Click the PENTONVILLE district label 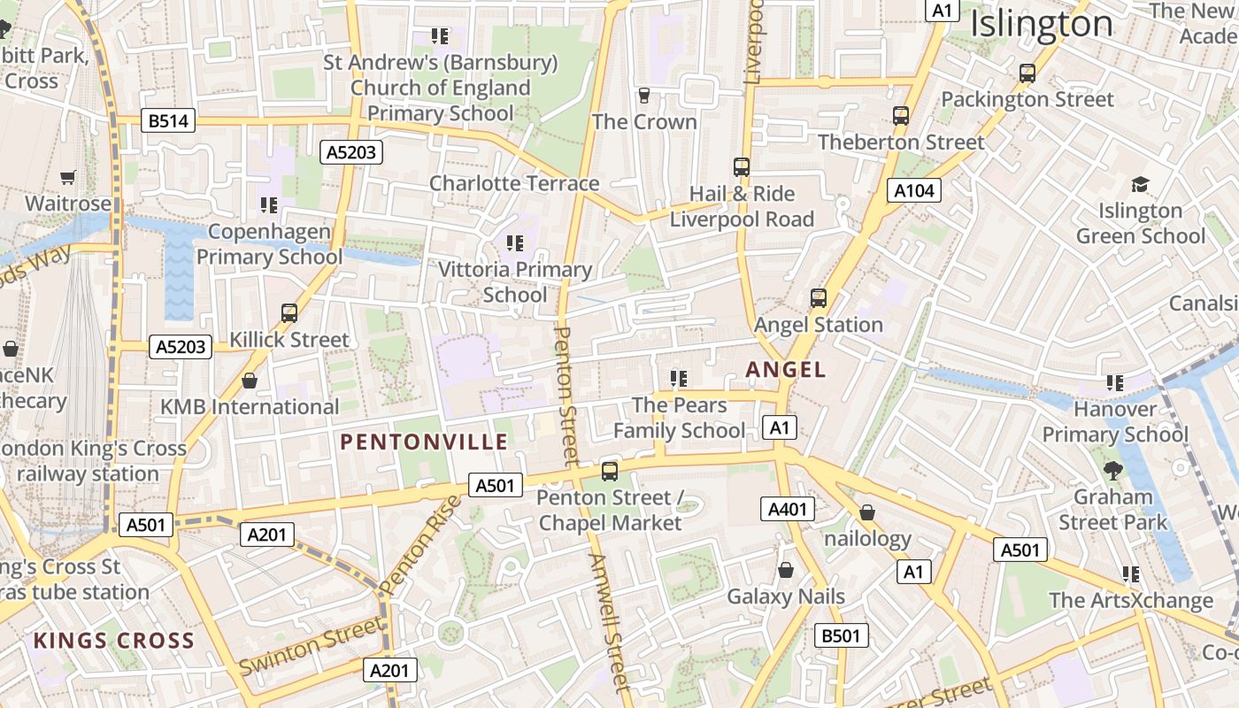pos(424,442)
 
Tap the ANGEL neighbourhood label pos(786,370)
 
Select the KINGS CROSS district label pos(113,641)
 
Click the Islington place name pos(1042,24)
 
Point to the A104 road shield pos(914,190)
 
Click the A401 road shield pos(787,509)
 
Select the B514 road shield pos(168,121)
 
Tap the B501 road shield pos(841,635)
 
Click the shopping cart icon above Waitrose pos(68,178)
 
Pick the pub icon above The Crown pos(644,96)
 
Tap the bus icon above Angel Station pos(819,298)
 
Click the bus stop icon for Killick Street pos(289,312)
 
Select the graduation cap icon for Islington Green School pos(1140,184)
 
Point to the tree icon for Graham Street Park pos(1112,470)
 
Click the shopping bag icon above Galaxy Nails pos(785,570)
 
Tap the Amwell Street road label pos(610,621)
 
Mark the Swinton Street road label pos(312,645)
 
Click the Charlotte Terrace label pos(514,183)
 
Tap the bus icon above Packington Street pos(1027,73)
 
